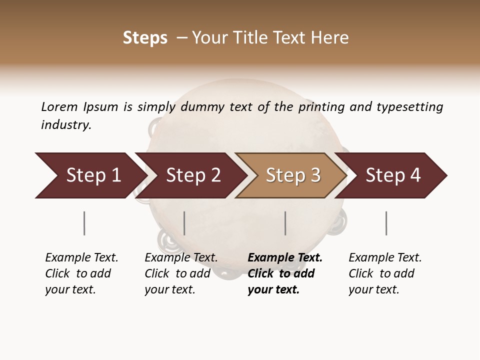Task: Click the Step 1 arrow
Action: [x=90, y=175]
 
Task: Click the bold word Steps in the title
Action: [x=145, y=38]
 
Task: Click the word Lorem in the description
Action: [x=59, y=106]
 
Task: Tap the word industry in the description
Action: [x=66, y=125]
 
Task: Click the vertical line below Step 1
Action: [x=84, y=223]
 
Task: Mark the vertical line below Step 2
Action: [x=184, y=223]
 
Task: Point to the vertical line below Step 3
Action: [x=285, y=223]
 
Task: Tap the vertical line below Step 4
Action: [x=386, y=223]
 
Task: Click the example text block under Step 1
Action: [x=81, y=273]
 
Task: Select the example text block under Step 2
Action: [x=181, y=273]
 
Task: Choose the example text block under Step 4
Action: [x=385, y=273]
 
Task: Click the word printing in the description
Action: [x=321, y=107]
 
